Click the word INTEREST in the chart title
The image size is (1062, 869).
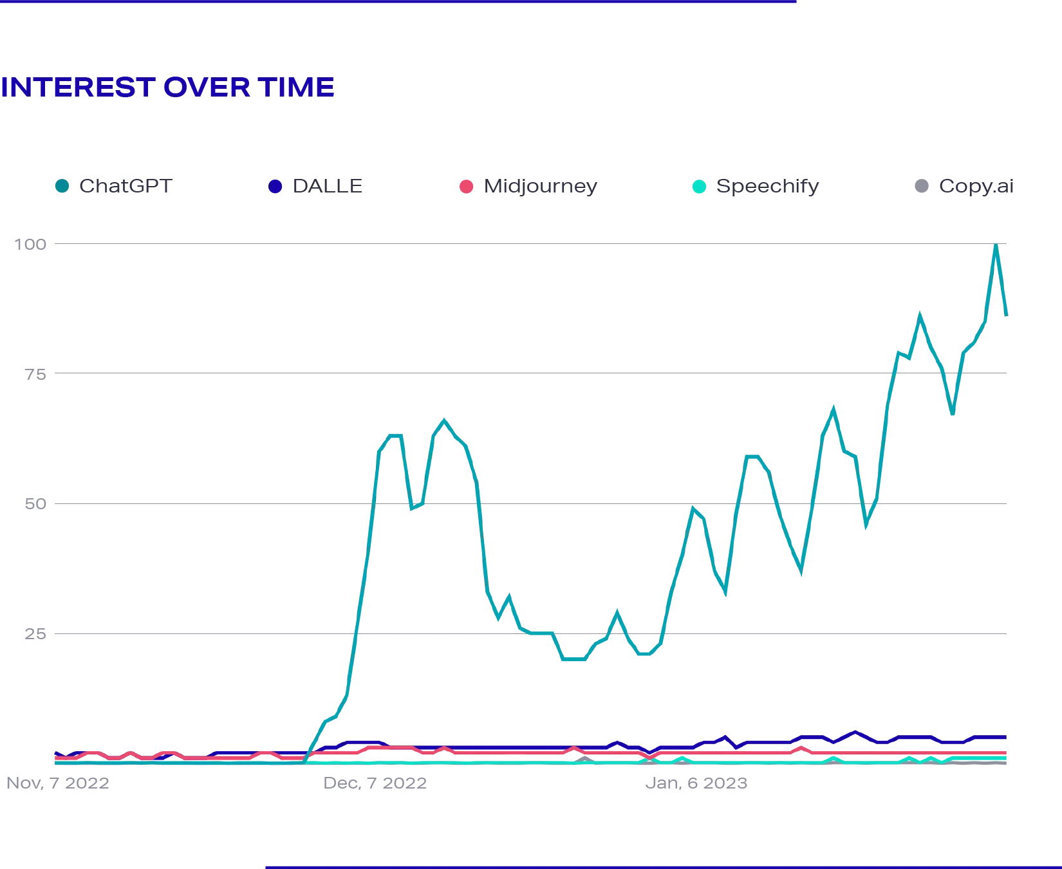[77, 88]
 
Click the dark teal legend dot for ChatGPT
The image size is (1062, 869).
[61, 187]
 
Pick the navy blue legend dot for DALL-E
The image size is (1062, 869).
[275, 187]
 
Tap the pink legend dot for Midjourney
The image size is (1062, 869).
[466, 187]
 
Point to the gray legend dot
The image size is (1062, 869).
[921, 187]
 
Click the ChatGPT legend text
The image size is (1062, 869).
[125, 187]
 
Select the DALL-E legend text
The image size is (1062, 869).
[329, 187]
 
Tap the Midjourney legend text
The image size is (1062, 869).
[540, 187]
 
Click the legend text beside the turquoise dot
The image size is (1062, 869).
[769, 187]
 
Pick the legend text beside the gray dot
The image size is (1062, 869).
[976, 187]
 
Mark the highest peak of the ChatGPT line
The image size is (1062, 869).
[996, 247]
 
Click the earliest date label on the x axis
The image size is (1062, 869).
[59, 785]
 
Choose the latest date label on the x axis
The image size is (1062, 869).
[696, 785]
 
